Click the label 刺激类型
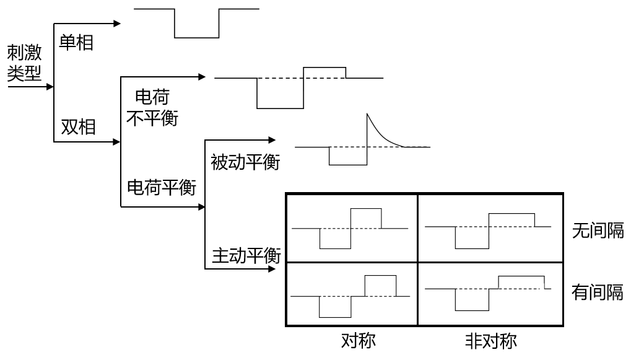(x=25, y=63)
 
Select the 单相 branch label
(x=76, y=42)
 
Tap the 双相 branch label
(x=79, y=126)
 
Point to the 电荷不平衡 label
(x=152, y=107)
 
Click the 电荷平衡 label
(x=162, y=187)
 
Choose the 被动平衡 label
(x=245, y=163)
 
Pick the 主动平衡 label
(x=246, y=255)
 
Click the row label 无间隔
(x=598, y=231)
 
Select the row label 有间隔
(x=598, y=292)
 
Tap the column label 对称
(x=358, y=341)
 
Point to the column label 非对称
(x=491, y=341)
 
